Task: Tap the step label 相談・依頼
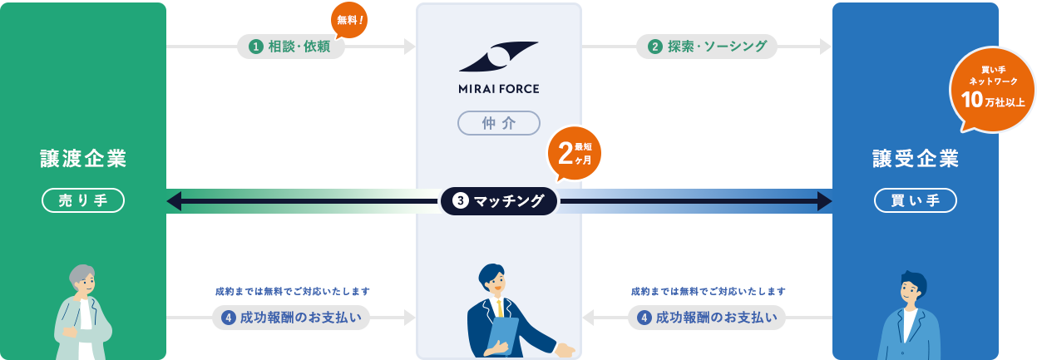291,47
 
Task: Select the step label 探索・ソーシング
707,47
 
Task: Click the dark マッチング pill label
499,200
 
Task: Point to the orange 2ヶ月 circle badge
574,153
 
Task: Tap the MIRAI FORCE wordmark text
499,87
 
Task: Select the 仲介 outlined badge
499,123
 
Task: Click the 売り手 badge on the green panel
83,200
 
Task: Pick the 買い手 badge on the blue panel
915,200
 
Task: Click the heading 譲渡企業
83,158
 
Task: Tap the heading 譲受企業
915,158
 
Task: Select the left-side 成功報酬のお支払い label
291,317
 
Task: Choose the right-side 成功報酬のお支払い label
707,317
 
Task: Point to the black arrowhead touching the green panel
174,200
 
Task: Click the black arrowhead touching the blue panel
824,200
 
